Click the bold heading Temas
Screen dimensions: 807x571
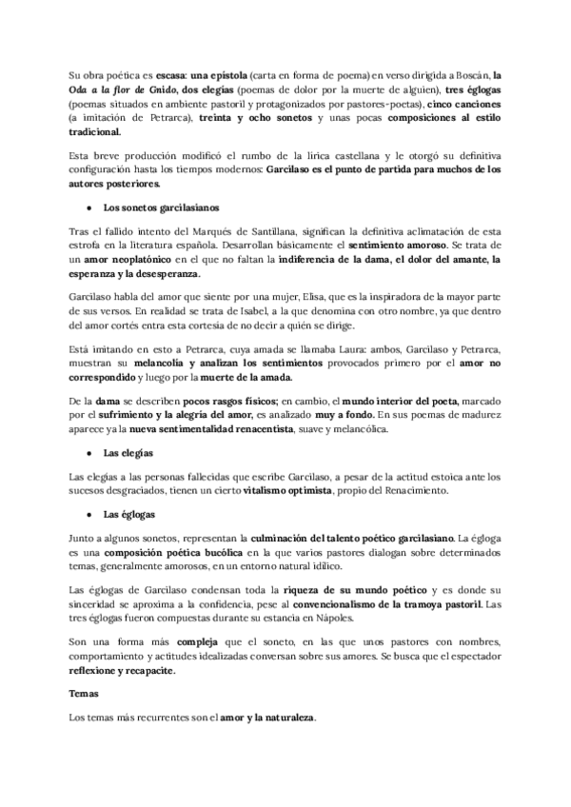click(87, 695)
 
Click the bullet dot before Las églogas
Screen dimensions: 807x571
click(89, 513)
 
